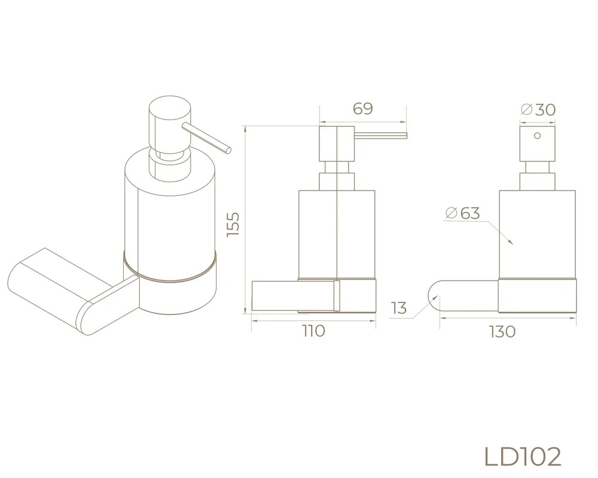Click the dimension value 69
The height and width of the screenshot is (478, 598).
tap(363, 109)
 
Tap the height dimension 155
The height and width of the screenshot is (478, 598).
tap(233, 224)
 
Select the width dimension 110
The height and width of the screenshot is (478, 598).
tap(314, 331)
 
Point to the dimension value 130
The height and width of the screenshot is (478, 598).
tap(502, 332)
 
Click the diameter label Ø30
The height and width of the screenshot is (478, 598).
tap(538, 110)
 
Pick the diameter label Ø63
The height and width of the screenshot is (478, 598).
tap(463, 213)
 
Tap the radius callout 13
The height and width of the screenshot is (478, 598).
tap(399, 308)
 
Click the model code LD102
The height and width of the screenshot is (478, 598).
tap(523, 456)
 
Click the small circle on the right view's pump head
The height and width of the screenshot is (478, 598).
tap(538, 136)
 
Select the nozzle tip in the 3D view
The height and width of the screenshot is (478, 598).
tap(228, 150)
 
